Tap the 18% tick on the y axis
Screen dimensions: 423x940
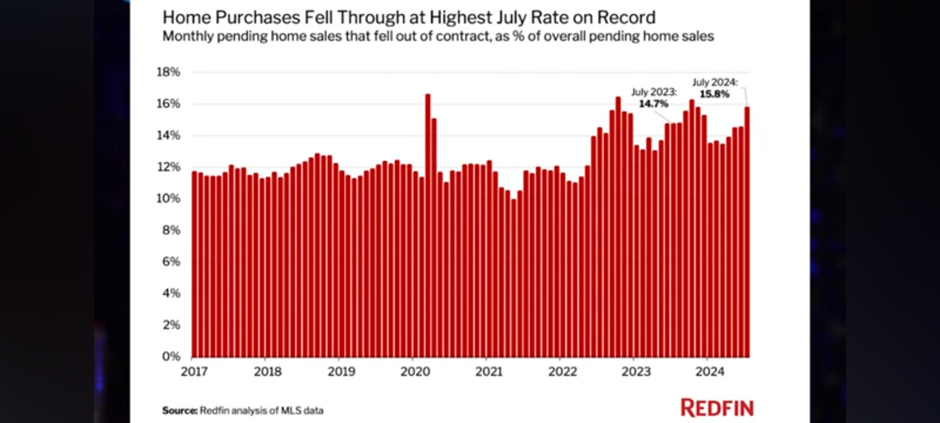click(x=168, y=72)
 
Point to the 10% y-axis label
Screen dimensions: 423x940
click(x=168, y=199)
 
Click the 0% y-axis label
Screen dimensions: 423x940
click(x=171, y=356)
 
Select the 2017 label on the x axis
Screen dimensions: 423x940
click(x=194, y=371)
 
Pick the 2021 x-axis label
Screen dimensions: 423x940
click(x=489, y=371)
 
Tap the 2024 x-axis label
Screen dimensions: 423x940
click(x=710, y=371)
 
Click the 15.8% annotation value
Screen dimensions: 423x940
click(x=714, y=94)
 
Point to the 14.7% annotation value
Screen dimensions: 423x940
click(x=653, y=104)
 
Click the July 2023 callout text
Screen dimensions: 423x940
click(x=654, y=92)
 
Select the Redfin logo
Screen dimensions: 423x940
click(x=717, y=408)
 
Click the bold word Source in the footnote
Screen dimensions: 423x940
click(x=180, y=410)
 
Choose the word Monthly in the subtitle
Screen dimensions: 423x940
click(x=188, y=36)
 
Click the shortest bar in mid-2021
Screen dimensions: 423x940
click(x=514, y=278)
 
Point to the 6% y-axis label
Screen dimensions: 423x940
click(x=171, y=262)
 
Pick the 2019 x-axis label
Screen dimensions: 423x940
click(x=342, y=371)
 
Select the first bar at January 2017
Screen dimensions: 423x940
click(x=194, y=264)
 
